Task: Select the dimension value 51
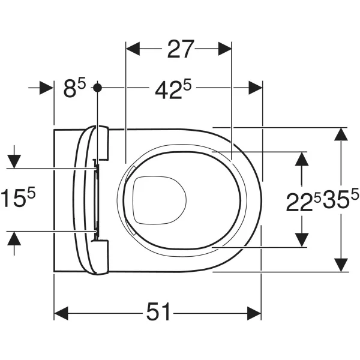pyautogui.click(x=158, y=311)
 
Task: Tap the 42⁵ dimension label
pyautogui.click(x=173, y=89)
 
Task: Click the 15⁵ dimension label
pyautogui.click(x=19, y=197)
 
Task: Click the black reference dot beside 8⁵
pyautogui.click(x=98, y=88)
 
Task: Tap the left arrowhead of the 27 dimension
pyautogui.click(x=133, y=49)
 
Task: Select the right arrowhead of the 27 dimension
pyautogui.click(x=225, y=49)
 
